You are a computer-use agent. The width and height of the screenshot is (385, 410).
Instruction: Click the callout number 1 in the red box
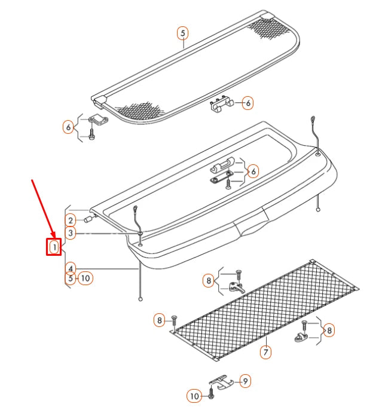[x=54, y=246]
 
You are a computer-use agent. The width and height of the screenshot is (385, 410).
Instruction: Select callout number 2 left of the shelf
[x=71, y=219]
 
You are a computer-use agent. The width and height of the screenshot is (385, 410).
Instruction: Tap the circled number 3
[x=71, y=233]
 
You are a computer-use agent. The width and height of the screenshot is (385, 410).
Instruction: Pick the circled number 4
[x=71, y=268]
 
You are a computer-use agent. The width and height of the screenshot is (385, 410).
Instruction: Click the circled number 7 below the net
[x=265, y=352]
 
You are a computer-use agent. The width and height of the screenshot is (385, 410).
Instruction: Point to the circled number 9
[x=244, y=380]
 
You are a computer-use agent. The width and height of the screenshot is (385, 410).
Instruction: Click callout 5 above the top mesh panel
[x=183, y=33]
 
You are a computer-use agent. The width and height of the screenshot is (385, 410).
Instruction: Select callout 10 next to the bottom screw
[x=194, y=396]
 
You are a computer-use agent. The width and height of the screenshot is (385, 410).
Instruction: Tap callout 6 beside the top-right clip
[x=246, y=103]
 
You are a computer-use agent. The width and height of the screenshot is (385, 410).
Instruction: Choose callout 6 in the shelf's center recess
[x=252, y=172]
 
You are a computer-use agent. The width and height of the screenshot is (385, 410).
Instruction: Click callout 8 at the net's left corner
[x=159, y=320]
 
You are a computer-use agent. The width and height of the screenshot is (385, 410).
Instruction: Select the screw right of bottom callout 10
[x=212, y=395]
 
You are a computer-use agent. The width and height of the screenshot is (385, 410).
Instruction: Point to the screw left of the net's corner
[x=173, y=321]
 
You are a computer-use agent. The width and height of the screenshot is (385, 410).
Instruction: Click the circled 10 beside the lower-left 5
[x=85, y=278]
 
